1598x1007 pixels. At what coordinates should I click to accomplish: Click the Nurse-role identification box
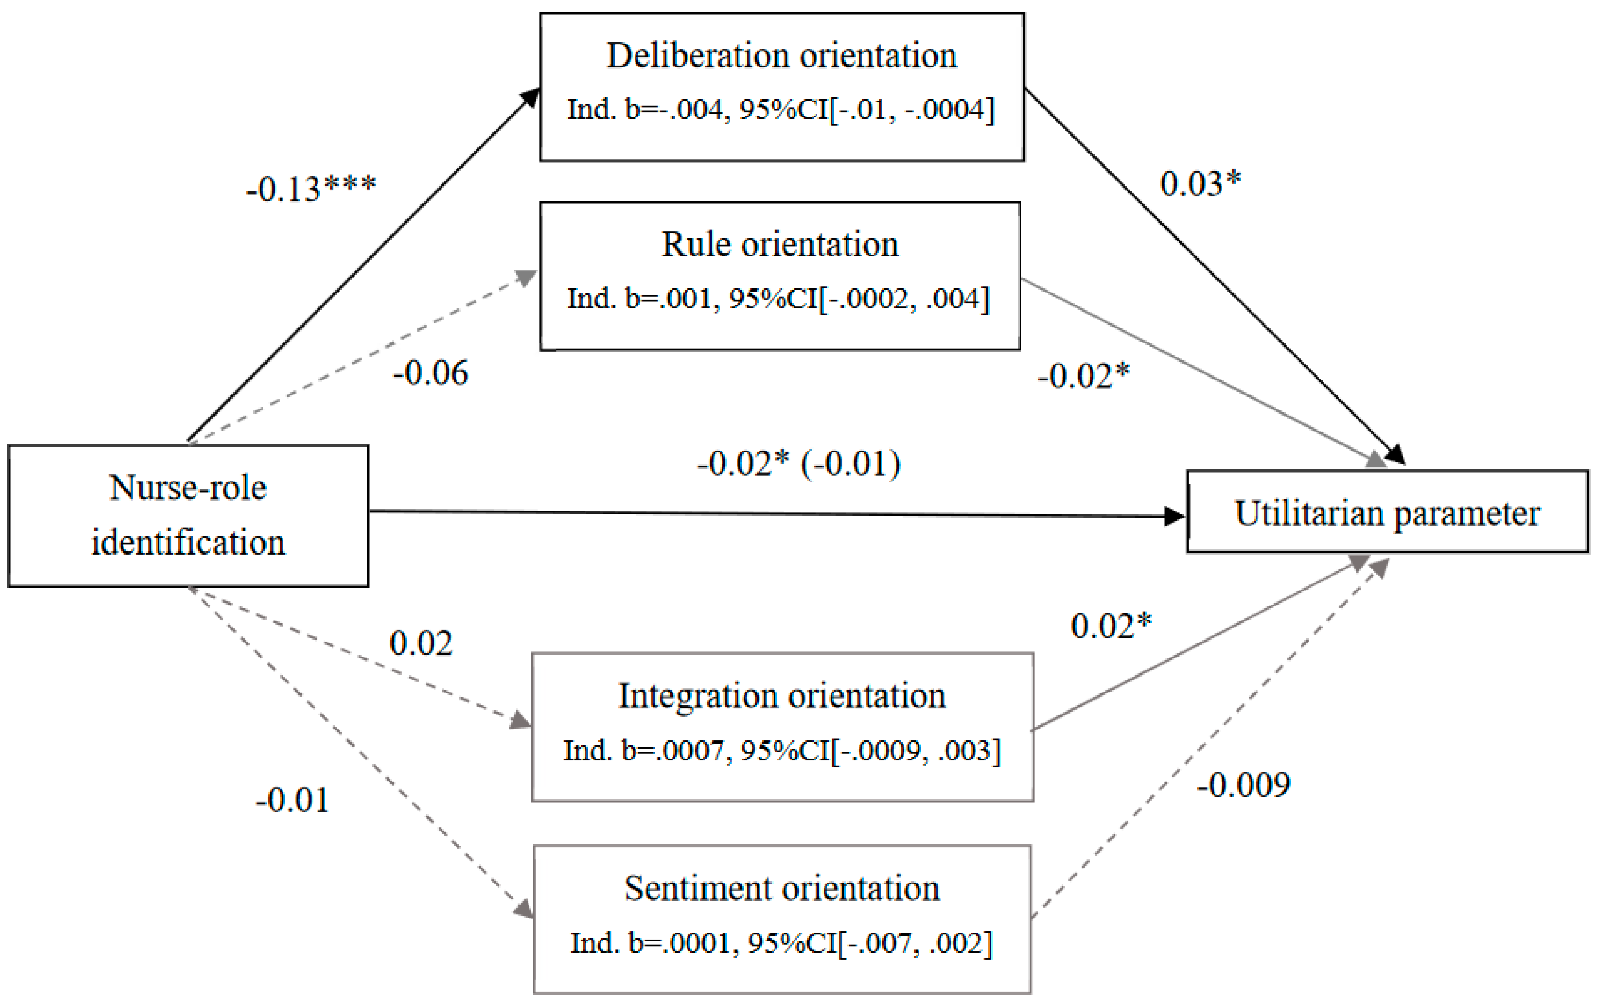click(188, 516)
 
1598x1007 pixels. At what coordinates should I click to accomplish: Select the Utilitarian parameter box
click(1387, 512)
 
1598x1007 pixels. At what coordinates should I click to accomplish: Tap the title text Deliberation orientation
click(782, 55)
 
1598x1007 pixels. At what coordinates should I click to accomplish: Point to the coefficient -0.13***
click(311, 189)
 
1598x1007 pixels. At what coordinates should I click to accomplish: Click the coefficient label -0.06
click(430, 373)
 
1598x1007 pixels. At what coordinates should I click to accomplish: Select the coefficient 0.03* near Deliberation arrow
click(1200, 183)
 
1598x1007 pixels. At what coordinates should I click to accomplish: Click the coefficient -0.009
click(1243, 785)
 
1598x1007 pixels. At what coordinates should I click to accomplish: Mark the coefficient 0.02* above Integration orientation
click(1111, 626)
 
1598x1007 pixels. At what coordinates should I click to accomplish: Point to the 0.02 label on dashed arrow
click(421, 642)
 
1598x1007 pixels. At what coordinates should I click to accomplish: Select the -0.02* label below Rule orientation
click(1083, 376)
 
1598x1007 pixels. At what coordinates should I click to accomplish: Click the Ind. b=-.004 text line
click(781, 109)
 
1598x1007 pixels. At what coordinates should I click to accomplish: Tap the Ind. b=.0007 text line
click(782, 751)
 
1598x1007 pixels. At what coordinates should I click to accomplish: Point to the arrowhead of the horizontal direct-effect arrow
click(1175, 516)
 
